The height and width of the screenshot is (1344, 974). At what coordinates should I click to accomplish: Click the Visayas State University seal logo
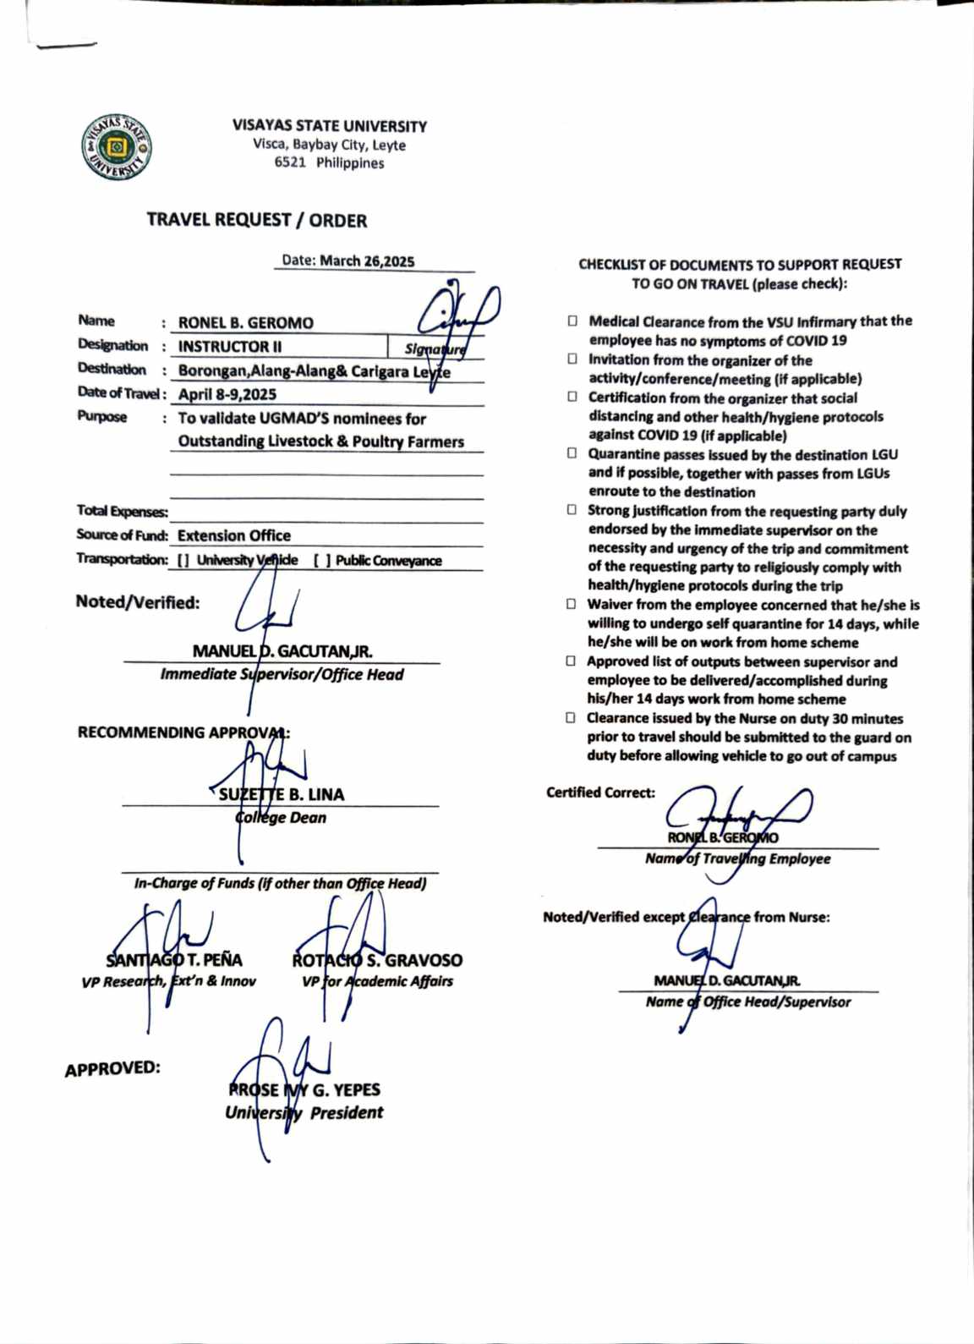pyautogui.click(x=117, y=147)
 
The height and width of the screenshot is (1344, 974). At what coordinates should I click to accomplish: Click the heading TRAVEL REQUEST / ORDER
pyautogui.click(x=256, y=220)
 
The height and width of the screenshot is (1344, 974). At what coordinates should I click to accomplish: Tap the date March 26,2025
pyautogui.click(x=367, y=261)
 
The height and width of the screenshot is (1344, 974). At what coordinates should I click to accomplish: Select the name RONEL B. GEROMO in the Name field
pyautogui.click(x=245, y=323)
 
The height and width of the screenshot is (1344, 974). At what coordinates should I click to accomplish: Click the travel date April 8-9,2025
pyautogui.click(x=227, y=394)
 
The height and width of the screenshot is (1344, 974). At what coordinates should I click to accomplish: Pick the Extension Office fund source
pyautogui.click(x=234, y=535)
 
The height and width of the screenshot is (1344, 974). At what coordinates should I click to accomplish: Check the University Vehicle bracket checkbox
pyautogui.click(x=183, y=560)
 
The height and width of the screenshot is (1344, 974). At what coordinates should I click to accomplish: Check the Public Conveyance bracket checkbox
pyautogui.click(x=322, y=560)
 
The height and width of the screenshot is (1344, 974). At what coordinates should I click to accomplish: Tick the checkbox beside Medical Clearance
pyautogui.click(x=572, y=321)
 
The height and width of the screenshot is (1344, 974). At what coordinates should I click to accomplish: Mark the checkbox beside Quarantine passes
pyautogui.click(x=572, y=454)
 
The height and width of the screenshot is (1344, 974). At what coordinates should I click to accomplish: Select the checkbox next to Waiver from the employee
pyautogui.click(x=572, y=605)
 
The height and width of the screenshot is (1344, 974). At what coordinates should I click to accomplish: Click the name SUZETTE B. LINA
pyautogui.click(x=282, y=795)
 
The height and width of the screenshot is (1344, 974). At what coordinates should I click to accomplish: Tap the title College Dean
pyautogui.click(x=281, y=818)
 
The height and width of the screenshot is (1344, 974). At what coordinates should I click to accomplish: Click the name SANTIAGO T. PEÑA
pyautogui.click(x=174, y=960)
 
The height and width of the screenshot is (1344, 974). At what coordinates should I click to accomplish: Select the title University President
pyautogui.click(x=304, y=1113)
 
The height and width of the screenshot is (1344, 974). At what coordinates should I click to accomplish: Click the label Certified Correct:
pyautogui.click(x=600, y=793)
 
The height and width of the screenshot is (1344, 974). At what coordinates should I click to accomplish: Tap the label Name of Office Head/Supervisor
pyautogui.click(x=748, y=1002)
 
